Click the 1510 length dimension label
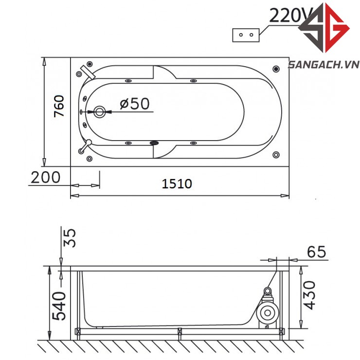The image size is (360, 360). point(177,184)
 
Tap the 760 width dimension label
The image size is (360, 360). point(59,106)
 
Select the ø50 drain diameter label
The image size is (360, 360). point(135,104)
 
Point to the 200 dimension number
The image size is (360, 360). point(45,177)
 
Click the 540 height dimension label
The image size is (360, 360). point(59,306)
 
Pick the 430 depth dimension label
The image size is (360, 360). point(308,295)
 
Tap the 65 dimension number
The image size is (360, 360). point(316,252)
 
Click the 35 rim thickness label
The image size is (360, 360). point(69,238)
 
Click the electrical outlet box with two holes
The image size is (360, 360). point(246,35)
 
